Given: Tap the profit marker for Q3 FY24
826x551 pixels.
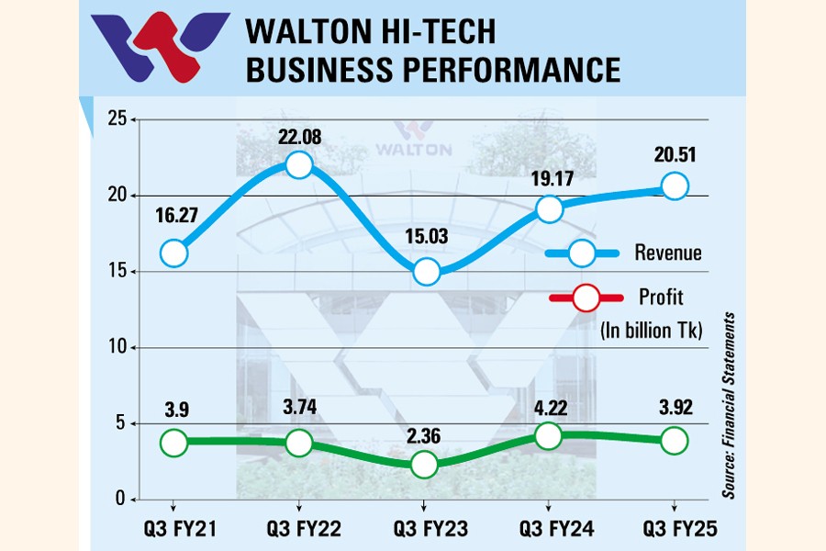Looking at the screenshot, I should (548, 436).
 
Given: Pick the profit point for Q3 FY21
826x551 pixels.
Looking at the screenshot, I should (173, 442).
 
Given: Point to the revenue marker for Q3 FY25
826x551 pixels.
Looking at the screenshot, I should (675, 186).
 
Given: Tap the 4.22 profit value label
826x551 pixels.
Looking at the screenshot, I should (548, 405).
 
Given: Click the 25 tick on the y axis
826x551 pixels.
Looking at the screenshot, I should (116, 119).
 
